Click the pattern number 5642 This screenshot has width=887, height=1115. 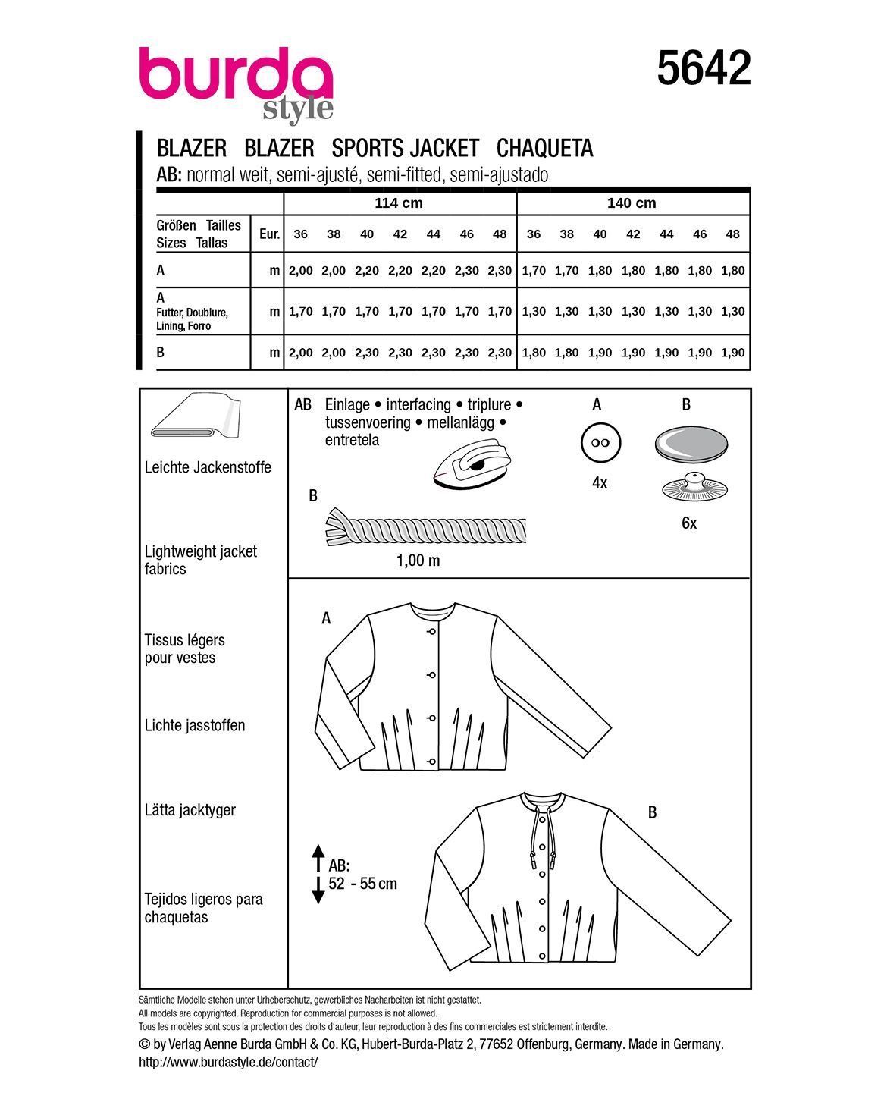tap(704, 68)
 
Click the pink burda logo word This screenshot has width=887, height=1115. tap(236, 76)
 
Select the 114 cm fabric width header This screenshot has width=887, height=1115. tap(399, 203)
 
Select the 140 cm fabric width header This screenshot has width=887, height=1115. tap(632, 203)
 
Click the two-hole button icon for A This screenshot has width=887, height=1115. tap(599, 444)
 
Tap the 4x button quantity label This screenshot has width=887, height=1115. tap(599, 482)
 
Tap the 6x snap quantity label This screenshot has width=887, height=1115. tap(688, 523)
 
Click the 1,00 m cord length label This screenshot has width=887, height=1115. tap(417, 561)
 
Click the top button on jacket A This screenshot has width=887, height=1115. tap(431, 631)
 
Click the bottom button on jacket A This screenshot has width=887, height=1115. tap(431, 760)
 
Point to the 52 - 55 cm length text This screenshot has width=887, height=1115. tap(363, 884)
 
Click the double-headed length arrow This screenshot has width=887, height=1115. tap(318, 874)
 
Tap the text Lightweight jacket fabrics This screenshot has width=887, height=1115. tap(200, 560)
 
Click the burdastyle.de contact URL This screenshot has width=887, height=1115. tap(228, 1063)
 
